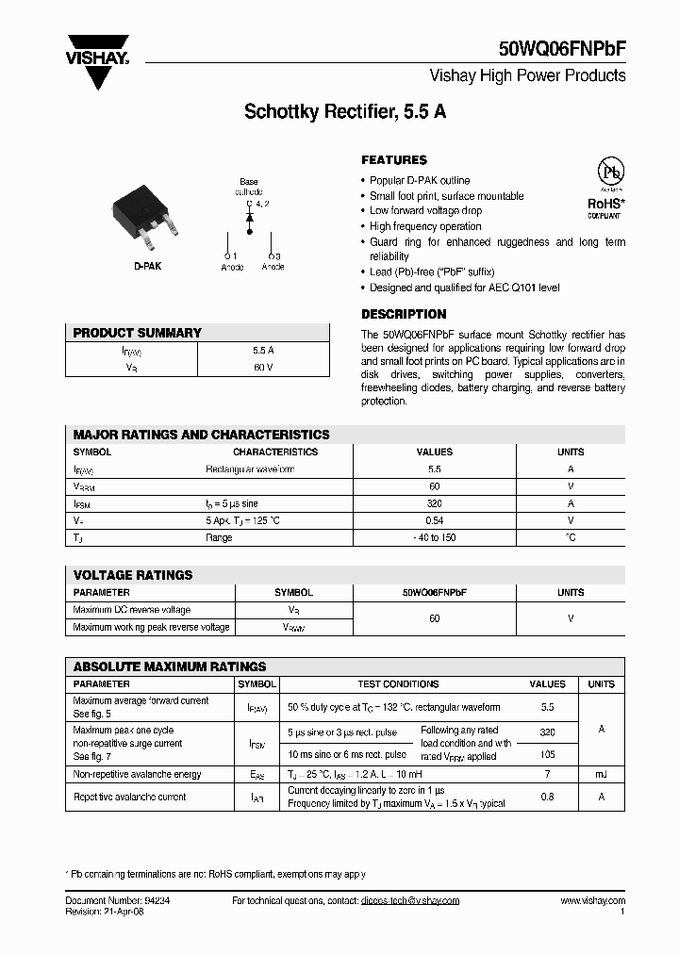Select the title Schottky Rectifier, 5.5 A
pyautogui.click(x=345, y=110)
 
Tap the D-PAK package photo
pyautogui.click(x=145, y=216)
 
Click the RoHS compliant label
pyautogui.click(x=605, y=206)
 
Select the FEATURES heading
pyautogui.click(x=394, y=160)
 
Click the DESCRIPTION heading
pyautogui.click(x=404, y=314)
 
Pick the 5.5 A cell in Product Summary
pyautogui.click(x=263, y=350)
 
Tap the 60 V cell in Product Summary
pyautogui.click(x=263, y=367)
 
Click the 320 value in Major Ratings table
pyautogui.click(x=434, y=503)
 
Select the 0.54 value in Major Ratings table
pyautogui.click(x=434, y=520)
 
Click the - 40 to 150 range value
pyautogui.click(x=434, y=537)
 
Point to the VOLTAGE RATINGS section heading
pyautogui.click(x=133, y=574)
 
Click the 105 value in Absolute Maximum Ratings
pyautogui.click(x=547, y=754)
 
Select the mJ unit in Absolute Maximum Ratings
pyautogui.click(x=601, y=774)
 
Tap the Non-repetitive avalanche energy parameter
pyautogui.click(x=137, y=774)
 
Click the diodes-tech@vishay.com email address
pyautogui.click(x=409, y=900)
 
